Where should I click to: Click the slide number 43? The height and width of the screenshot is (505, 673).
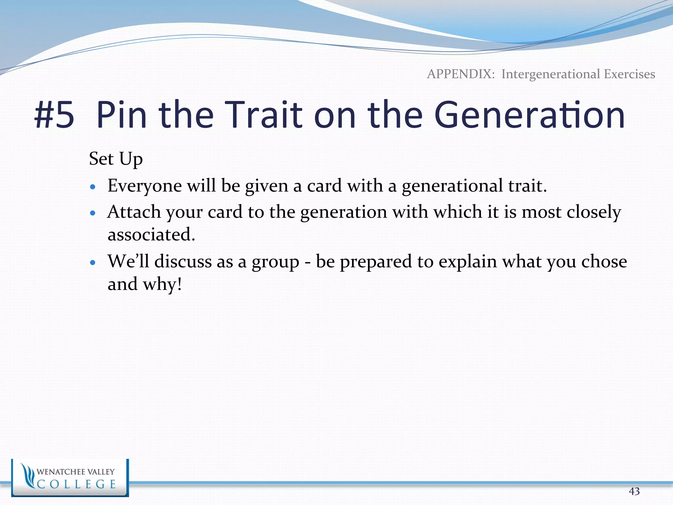click(634, 491)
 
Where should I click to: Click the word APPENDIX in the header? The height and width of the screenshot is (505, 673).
click(461, 74)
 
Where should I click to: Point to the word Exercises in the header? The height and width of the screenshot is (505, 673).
click(629, 74)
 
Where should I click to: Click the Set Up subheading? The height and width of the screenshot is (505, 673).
click(116, 159)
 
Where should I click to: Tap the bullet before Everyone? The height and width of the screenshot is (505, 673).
click(93, 187)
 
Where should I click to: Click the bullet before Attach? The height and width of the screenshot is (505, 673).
click(93, 213)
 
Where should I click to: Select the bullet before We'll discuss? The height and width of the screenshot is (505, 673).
click(93, 263)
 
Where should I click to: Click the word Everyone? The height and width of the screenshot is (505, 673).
click(145, 186)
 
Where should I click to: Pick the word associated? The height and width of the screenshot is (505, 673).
click(151, 235)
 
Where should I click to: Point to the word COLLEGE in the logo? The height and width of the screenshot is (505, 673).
click(77, 484)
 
